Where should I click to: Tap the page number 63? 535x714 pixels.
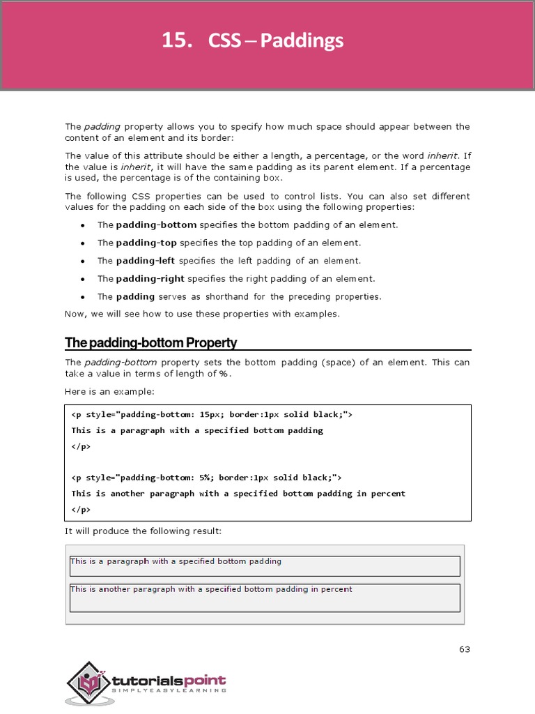coord(465,649)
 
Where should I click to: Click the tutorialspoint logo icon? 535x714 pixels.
coord(87,681)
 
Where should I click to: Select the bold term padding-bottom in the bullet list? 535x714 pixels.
coord(156,225)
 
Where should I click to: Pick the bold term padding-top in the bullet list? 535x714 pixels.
coord(146,243)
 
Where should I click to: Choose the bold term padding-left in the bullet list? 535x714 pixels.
coord(146,261)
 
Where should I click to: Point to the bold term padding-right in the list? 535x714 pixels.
coord(150,279)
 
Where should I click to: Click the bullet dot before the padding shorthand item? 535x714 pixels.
coord(83,297)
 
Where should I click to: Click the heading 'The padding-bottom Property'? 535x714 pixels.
coord(151,343)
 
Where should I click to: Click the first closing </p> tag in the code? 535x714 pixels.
coord(81,446)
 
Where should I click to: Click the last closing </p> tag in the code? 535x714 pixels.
coord(81,509)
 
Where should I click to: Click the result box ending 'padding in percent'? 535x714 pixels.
coord(265,597)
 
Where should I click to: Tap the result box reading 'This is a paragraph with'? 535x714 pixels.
coord(265,566)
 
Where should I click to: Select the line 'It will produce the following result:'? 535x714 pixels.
coord(143,531)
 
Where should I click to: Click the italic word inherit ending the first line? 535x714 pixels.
coord(443,156)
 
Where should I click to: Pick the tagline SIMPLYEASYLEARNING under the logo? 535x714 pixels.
coord(169,690)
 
